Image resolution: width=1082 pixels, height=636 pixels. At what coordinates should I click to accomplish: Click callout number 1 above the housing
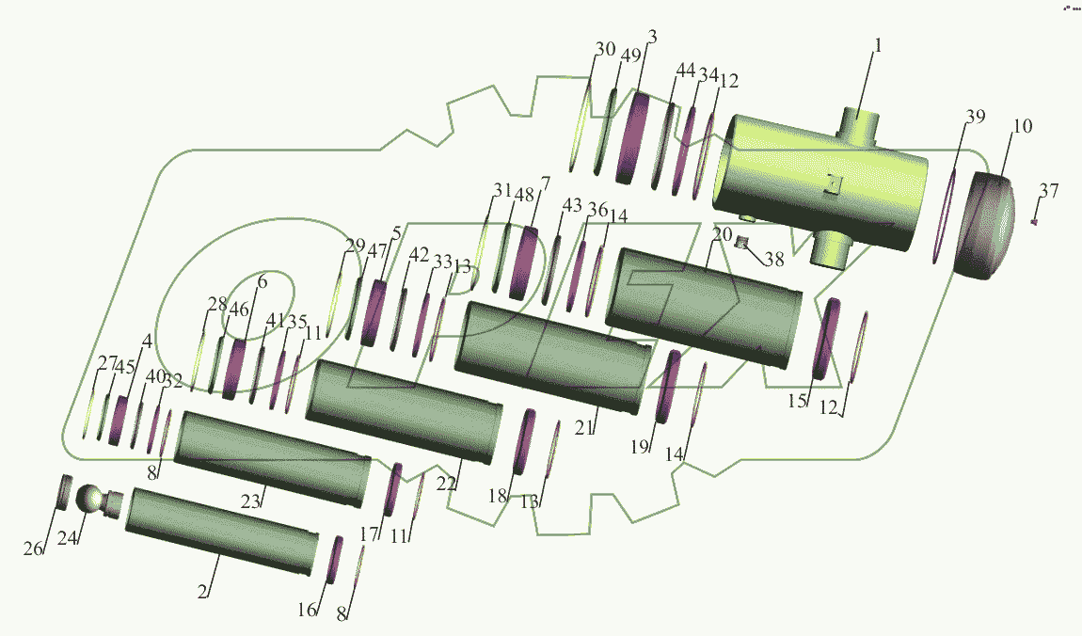point(878,45)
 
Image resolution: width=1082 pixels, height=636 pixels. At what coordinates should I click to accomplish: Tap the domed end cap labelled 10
point(984,226)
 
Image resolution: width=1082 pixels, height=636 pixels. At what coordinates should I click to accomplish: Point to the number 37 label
point(1049,190)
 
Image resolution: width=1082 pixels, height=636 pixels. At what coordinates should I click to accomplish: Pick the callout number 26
point(32,549)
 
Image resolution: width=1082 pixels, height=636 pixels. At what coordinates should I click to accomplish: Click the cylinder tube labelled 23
point(271,459)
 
